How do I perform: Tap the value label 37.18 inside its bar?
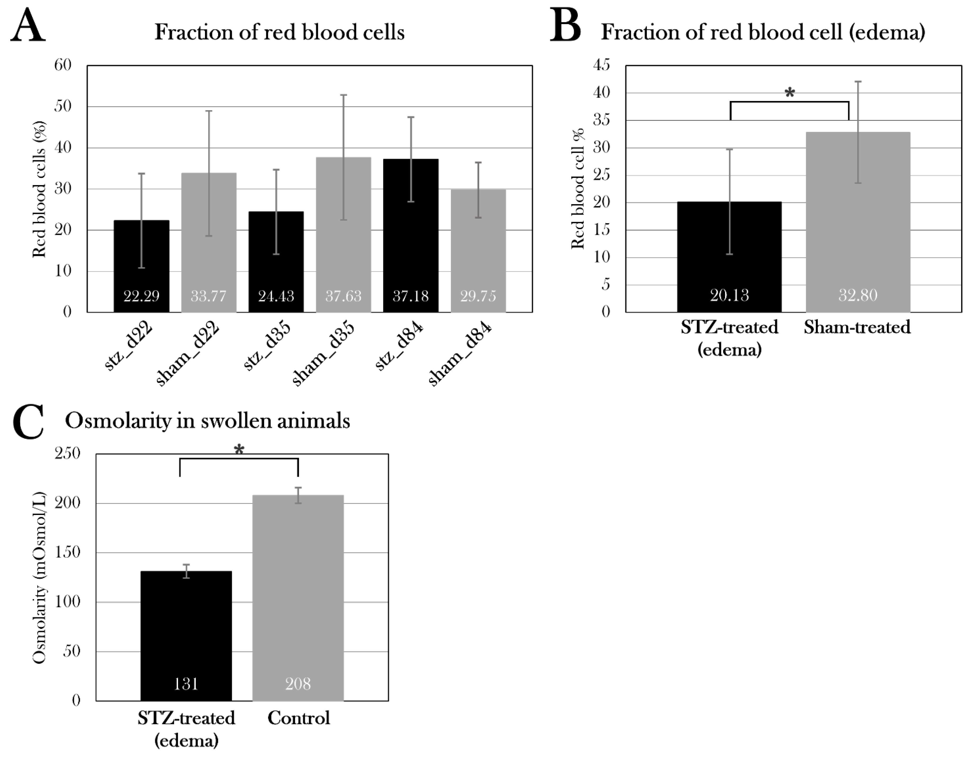pos(410,296)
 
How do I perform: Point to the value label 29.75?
pos(478,296)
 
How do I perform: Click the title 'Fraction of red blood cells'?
pos(279,33)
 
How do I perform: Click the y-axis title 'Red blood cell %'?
pos(578,189)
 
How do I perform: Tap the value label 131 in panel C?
pos(186,683)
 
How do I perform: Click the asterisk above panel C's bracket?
pos(239,450)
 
